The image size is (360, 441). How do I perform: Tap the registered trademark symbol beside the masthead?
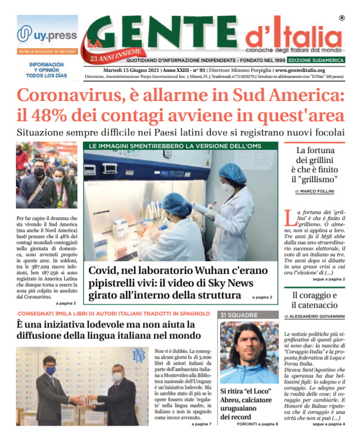pos(341,18)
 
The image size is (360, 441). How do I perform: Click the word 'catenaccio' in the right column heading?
pos(314,305)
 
